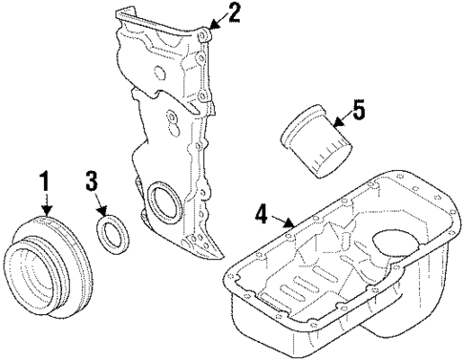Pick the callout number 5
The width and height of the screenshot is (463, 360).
[357, 111]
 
